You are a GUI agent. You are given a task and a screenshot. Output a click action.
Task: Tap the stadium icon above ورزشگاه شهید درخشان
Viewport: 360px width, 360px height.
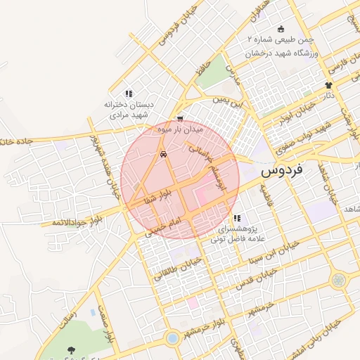(x=281, y=30)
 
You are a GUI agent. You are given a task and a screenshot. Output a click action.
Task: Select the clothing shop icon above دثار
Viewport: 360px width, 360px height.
(x=328, y=84)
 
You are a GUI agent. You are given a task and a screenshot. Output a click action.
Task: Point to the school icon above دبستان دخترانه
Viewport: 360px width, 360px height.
(x=129, y=93)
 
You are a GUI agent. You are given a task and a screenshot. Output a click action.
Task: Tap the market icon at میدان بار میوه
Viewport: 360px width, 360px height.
(x=181, y=119)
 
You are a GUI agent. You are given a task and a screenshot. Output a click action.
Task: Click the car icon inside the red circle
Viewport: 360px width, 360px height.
(x=164, y=154)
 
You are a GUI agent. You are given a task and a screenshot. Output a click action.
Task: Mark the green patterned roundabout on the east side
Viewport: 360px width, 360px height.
(x=340, y=280)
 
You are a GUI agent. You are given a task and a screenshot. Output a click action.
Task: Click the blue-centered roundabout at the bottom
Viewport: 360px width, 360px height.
(x=172, y=339)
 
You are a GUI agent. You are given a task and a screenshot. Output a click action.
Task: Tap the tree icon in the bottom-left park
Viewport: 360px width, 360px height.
(x=71, y=349)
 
